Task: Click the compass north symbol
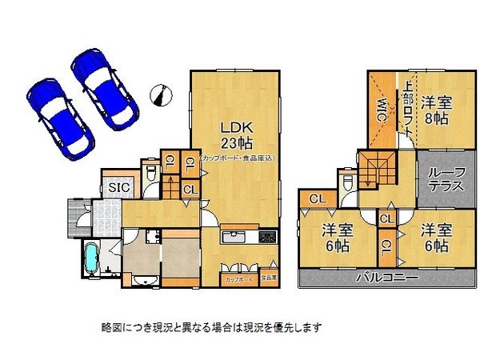click(x=161, y=94)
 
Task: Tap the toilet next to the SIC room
click(x=150, y=174)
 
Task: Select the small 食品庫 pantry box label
click(x=268, y=278)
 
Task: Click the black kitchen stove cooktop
click(x=267, y=238)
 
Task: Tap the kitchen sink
click(x=234, y=238)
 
